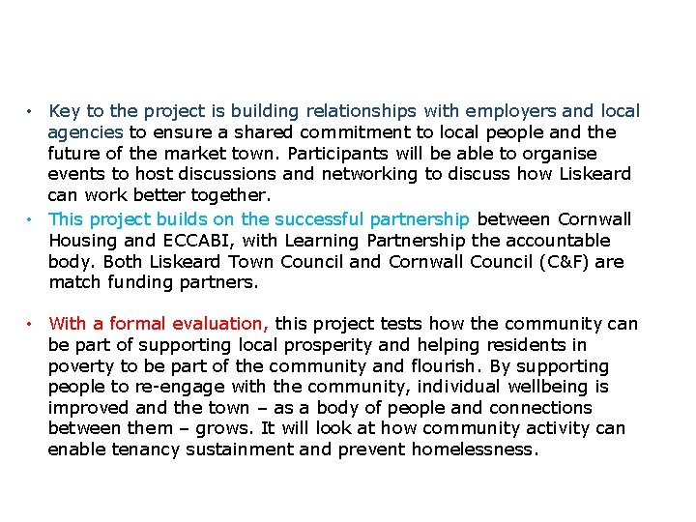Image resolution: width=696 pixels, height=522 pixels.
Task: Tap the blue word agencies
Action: (x=85, y=132)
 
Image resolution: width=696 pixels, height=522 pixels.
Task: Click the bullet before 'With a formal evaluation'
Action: (x=32, y=324)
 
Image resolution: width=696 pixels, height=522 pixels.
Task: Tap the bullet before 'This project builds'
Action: (x=32, y=219)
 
